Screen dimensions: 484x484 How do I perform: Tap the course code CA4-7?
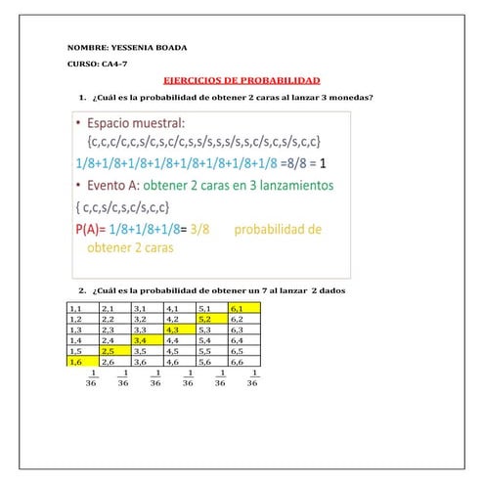pos(115,65)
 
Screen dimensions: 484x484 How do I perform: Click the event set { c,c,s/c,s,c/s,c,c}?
pos(123,207)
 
